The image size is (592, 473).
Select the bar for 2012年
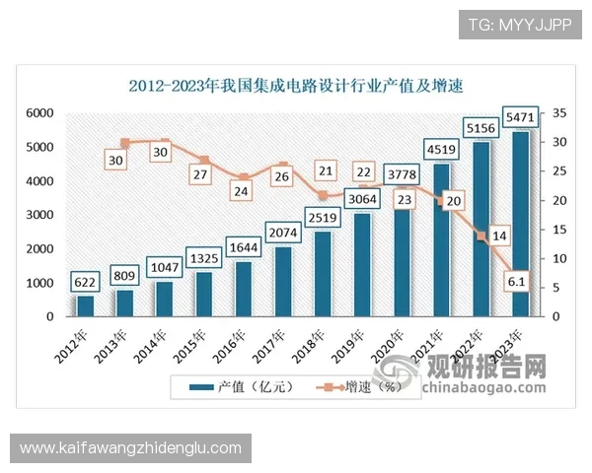(x=85, y=305)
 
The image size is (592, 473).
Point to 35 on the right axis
(x=557, y=113)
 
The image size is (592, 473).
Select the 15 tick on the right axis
(x=557, y=230)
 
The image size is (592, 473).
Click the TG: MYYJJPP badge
(x=520, y=24)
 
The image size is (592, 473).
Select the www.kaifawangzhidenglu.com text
(x=130, y=448)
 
